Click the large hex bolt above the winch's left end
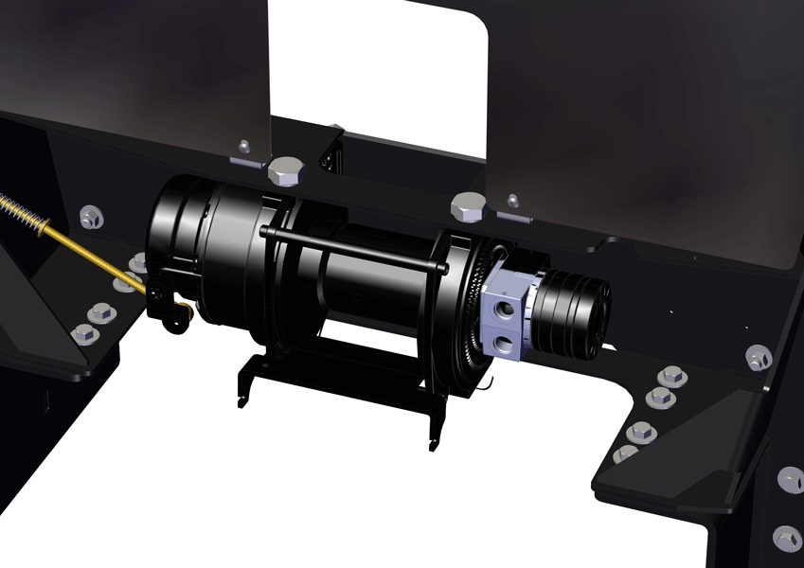tap(286, 171)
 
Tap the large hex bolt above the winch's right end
tap(469, 204)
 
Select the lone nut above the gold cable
tap(92, 218)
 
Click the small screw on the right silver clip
tap(512, 201)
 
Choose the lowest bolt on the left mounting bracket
tap(83, 333)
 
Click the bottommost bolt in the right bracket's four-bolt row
tap(625, 453)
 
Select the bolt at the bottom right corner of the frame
tap(786, 538)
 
